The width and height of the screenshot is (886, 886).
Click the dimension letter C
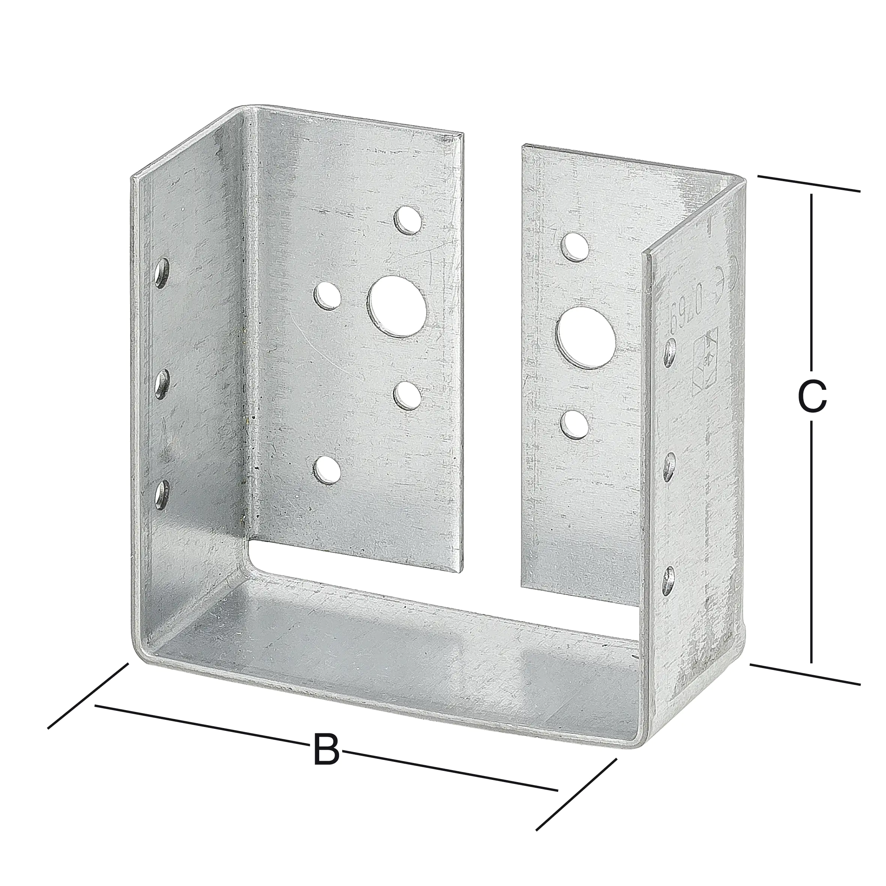(812, 397)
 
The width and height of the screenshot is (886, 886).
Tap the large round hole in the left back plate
(398, 306)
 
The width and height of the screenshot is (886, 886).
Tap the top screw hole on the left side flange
(162, 274)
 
